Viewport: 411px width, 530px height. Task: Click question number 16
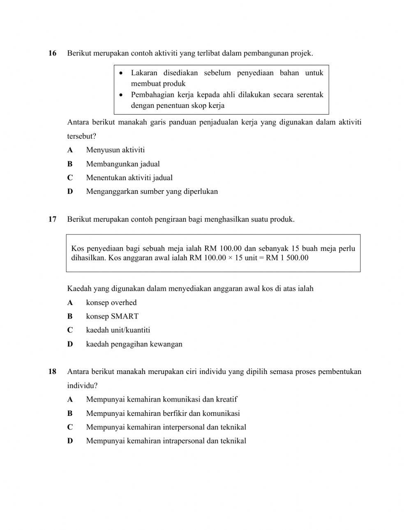click(x=52, y=53)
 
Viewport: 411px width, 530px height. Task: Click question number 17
click(x=52, y=219)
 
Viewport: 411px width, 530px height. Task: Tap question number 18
click(x=52, y=372)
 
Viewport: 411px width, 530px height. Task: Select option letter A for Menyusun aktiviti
click(x=70, y=150)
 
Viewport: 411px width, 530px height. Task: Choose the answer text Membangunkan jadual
click(x=123, y=164)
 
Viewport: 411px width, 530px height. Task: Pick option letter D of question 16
click(x=70, y=192)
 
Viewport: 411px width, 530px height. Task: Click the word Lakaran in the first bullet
click(x=144, y=73)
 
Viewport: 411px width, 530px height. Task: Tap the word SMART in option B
click(x=125, y=317)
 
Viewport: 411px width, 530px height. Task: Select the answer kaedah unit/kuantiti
click(x=118, y=330)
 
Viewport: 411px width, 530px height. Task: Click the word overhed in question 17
click(x=124, y=303)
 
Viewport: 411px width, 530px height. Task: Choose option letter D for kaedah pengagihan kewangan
click(x=70, y=344)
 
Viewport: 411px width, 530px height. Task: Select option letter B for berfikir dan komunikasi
click(x=70, y=413)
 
